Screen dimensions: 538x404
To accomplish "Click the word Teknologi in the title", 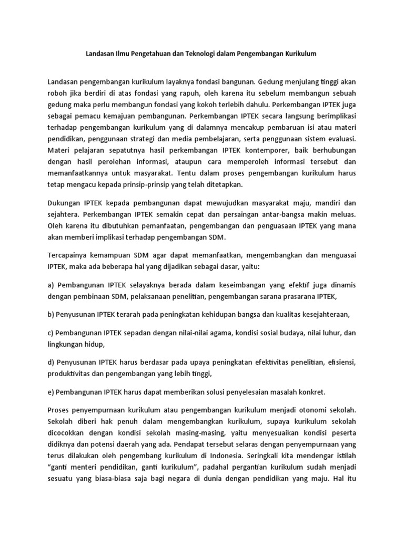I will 187,54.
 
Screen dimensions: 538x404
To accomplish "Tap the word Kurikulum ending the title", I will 298,54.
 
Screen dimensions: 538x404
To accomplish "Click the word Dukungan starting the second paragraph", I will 64,202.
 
